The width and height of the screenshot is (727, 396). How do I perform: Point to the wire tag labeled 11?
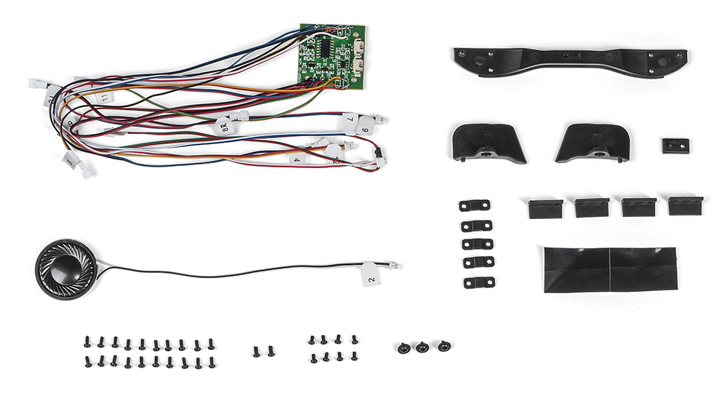(x=105, y=97)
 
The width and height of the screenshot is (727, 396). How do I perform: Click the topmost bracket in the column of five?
(x=475, y=206)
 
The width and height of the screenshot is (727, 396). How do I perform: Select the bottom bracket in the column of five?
(x=478, y=282)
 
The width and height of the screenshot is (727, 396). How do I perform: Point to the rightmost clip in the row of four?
(x=684, y=206)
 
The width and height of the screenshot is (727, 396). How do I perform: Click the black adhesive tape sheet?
(x=610, y=269)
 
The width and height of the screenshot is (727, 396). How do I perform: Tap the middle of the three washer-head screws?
(x=422, y=347)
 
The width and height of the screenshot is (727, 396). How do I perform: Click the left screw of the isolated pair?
(x=257, y=352)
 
